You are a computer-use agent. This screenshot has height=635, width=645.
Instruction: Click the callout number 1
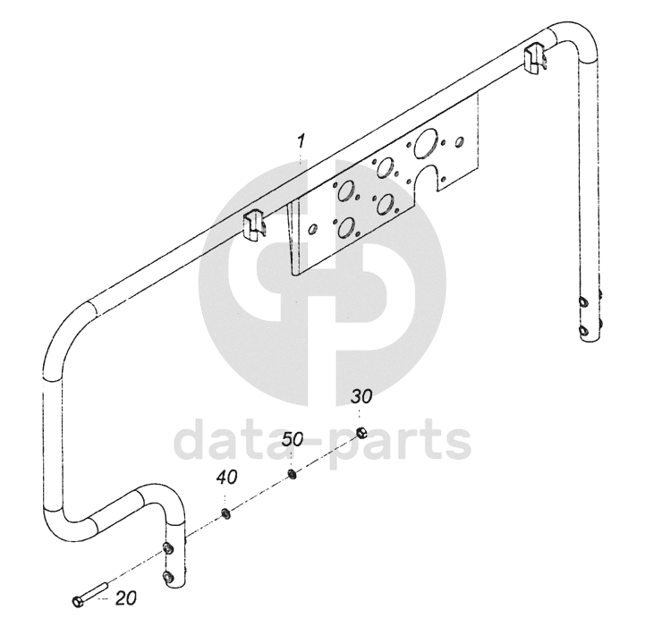(x=302, y=141)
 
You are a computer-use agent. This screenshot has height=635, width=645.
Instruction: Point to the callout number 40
(x=226, y=478)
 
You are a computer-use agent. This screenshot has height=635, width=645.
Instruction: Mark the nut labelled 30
(x=362, y=434)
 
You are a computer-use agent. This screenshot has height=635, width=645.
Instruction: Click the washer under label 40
(x=226, y=514)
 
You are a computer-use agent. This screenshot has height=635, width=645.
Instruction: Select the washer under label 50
(x=293, y=474)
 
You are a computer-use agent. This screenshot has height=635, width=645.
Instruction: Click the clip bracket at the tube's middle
(x=257, y=224)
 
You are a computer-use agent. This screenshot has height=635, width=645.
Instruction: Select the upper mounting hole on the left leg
(x=167, y=547)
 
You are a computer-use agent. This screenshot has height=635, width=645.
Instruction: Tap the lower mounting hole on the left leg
(x=167, y=575)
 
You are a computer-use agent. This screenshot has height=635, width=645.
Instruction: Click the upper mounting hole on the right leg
(x=583, y=302)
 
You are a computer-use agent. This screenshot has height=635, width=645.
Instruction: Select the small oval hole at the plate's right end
(x=460, y=141)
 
